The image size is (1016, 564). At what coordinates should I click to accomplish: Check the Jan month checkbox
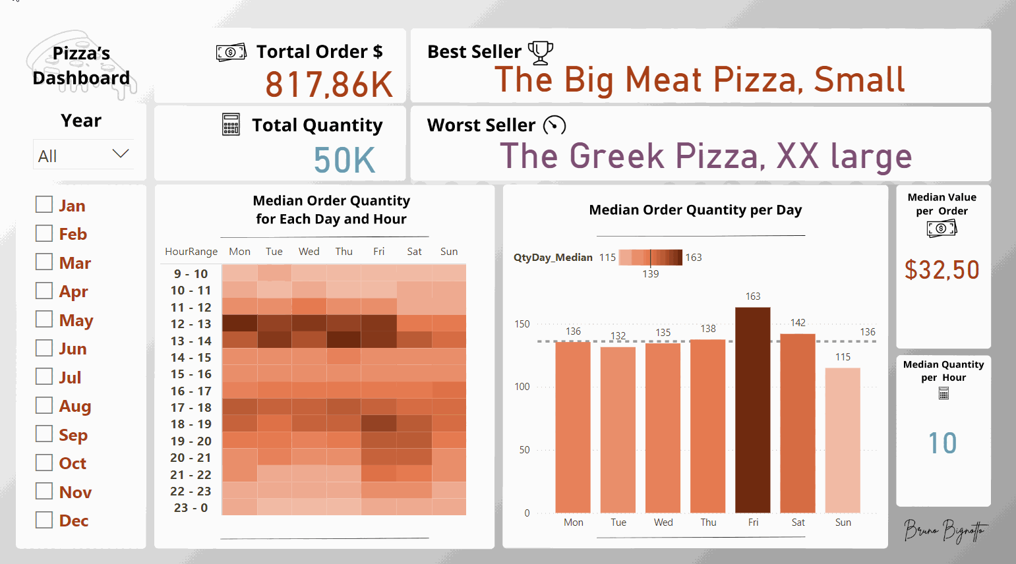[x=44, y=205]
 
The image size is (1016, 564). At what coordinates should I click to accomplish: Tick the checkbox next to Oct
[x=44, y=463]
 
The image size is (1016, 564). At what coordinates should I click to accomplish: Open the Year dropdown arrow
[x=120, y=154]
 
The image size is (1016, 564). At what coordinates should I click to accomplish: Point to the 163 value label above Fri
[x=753, y=296]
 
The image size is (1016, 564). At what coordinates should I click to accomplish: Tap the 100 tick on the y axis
[x=522, y=387]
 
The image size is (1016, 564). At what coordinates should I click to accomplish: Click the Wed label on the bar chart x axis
[x=663, y=522]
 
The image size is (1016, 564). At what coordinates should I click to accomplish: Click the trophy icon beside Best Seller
[x=541, y=52]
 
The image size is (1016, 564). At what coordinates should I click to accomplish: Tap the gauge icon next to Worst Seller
[x=554, y=125]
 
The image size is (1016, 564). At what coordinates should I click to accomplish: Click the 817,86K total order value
[x=329, y=85]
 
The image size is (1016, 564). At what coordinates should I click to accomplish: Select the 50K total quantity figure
[x=344, y=160]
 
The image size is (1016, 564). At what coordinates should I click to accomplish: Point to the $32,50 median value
[x=942, y=270]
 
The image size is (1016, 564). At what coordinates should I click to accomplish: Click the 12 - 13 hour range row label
[x=191, y=324]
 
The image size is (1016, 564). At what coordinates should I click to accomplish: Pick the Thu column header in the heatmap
[x=344, y=252]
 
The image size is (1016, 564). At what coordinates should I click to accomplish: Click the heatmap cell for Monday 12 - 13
[x=239, y=324]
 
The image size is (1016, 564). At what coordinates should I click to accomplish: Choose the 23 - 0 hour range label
[x=191, y=508]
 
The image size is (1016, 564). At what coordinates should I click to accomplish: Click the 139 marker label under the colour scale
[x=651, y=274]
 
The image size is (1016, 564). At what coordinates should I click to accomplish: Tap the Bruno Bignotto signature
[x=945, y=530]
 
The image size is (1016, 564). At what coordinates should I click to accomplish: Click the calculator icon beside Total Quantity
[x=231, y=125]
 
